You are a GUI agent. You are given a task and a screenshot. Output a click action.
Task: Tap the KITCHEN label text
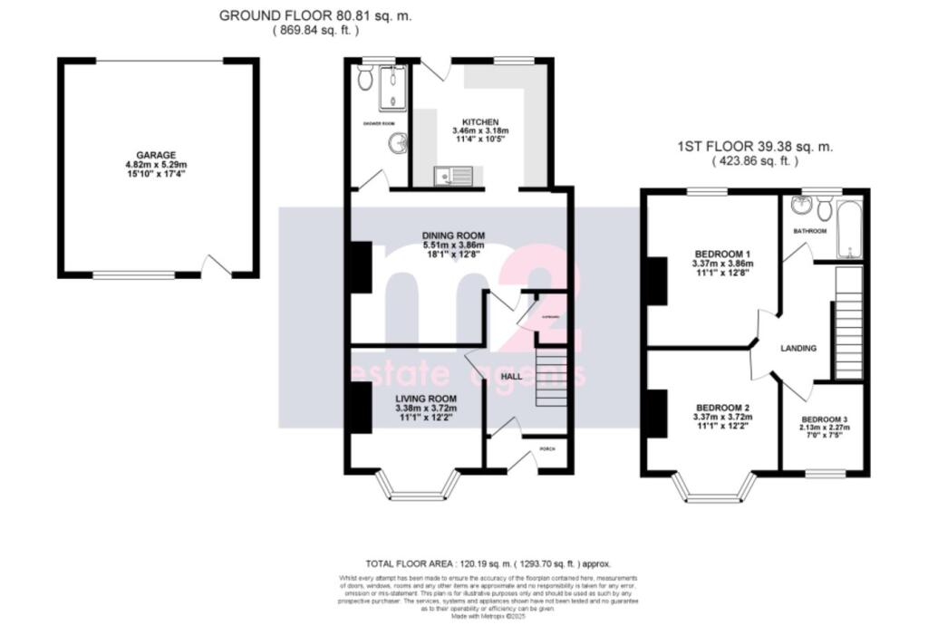coord(480,122)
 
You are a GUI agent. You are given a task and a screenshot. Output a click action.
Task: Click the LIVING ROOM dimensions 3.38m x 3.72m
coord(425,409)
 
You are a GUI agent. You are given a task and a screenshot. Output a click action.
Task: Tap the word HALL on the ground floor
coord(511,376)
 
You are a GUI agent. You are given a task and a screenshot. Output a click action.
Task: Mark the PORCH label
coord(547,449)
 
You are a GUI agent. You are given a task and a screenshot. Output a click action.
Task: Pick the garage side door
coord(215,268)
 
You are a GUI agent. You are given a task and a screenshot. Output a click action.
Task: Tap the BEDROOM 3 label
coord(823,419)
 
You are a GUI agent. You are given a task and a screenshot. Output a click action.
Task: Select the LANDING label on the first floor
coord(798,348)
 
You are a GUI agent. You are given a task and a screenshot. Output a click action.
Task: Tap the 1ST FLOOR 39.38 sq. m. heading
coord(755,147)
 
